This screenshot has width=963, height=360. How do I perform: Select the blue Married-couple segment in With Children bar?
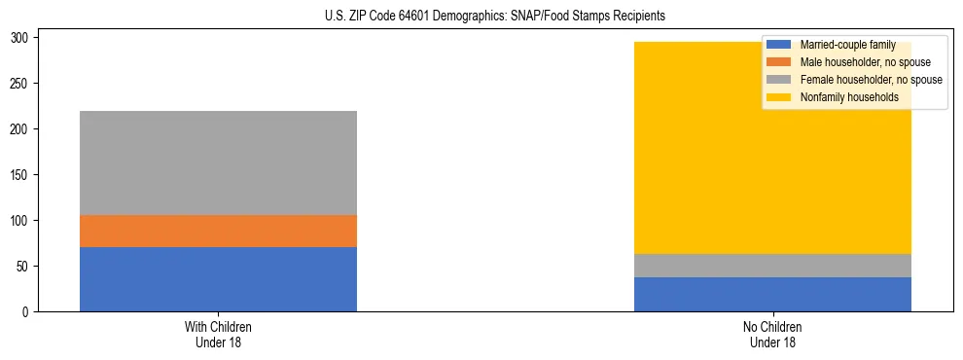[218, 279]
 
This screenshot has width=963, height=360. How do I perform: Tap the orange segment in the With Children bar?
[218, 232]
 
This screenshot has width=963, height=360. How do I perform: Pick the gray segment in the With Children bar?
[218, 162]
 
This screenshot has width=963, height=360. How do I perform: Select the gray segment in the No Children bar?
[772, 266]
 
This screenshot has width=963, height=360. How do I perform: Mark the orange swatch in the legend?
[779, 62]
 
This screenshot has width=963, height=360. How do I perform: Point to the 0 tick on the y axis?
[29, 312]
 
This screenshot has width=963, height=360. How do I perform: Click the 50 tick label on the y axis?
[26, 267]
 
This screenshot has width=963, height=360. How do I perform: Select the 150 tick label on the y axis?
[23, 175]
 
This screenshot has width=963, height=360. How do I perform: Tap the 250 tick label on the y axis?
[23, 84]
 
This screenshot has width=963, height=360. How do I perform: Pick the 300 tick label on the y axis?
[23, 38]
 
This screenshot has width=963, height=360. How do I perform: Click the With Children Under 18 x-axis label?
[218, 334]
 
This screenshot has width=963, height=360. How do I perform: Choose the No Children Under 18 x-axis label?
[772, 334]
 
